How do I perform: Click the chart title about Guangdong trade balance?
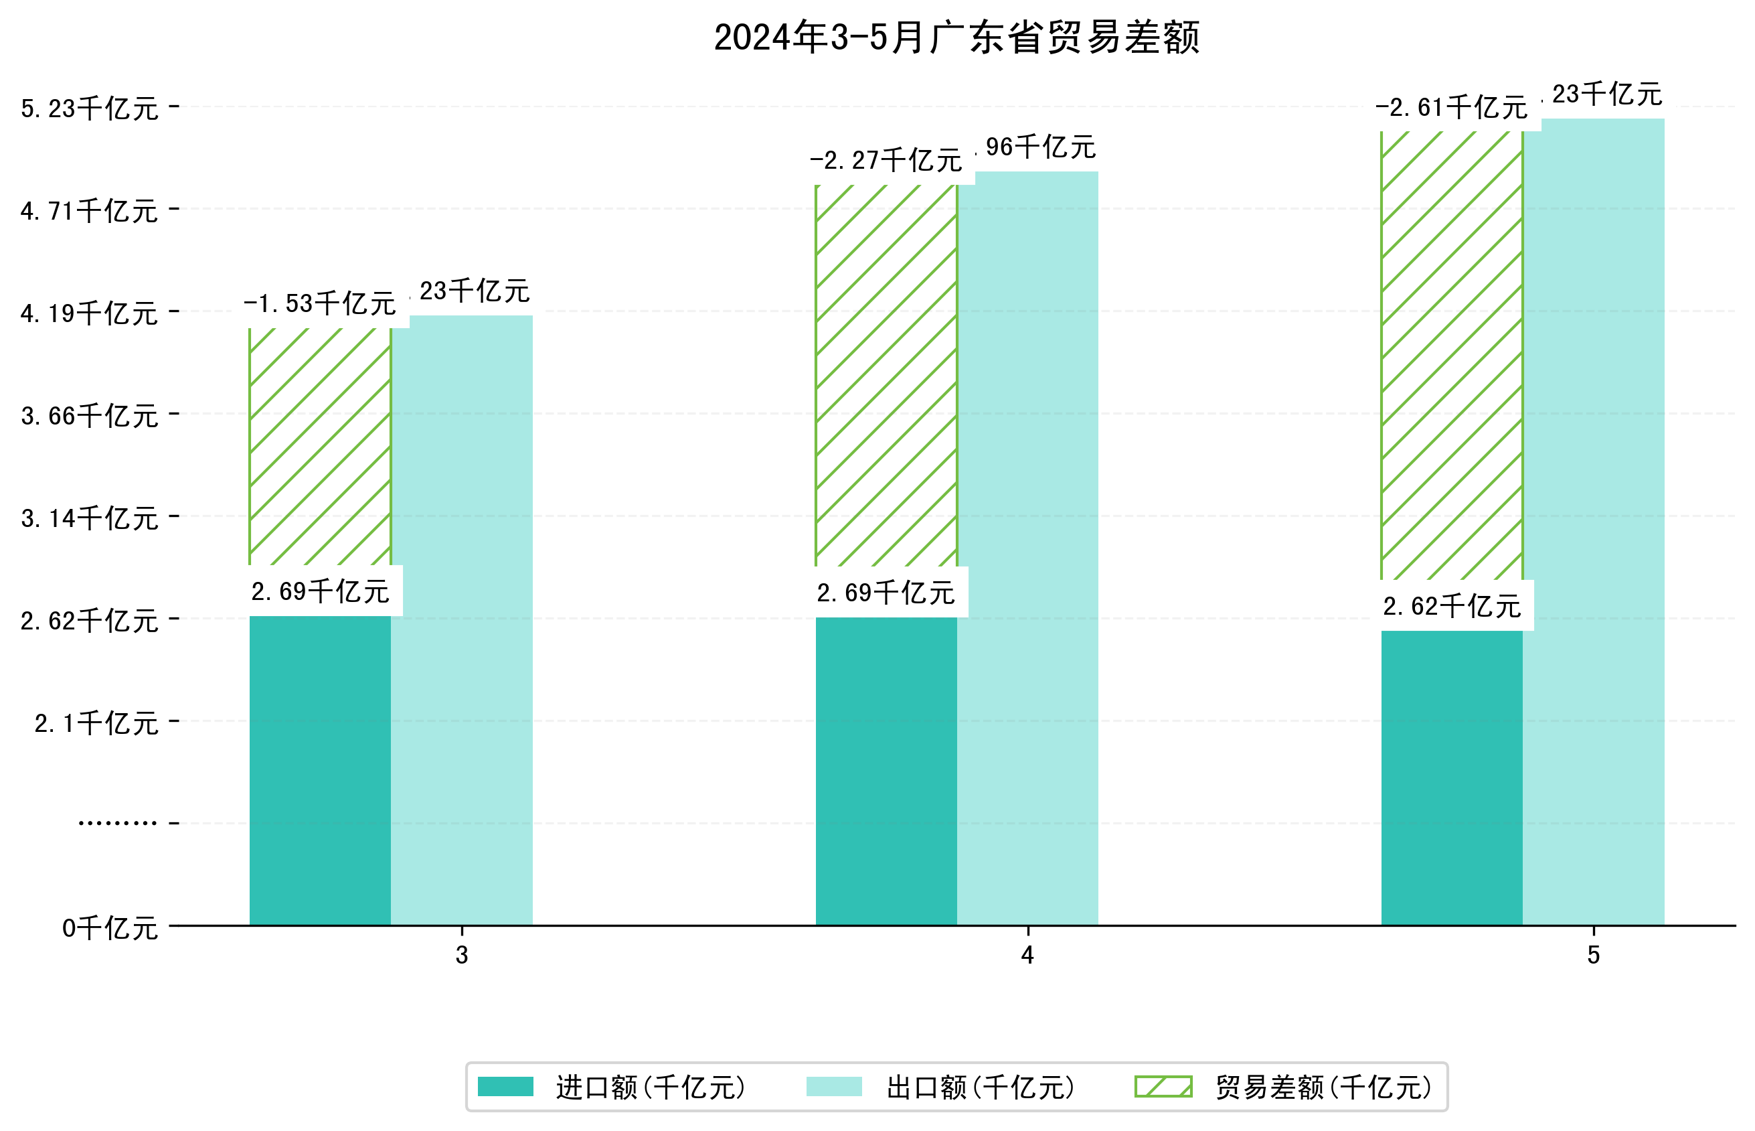956,37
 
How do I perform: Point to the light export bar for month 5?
1594,521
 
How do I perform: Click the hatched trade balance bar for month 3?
320,446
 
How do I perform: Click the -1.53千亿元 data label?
320,303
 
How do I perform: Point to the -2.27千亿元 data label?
886,160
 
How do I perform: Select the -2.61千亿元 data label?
1451,108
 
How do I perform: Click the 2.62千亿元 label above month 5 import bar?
1451,607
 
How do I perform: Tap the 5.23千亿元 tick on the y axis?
90,108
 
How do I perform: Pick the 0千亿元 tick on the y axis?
110,928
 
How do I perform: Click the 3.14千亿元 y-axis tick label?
90,518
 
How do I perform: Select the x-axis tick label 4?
1027,955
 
